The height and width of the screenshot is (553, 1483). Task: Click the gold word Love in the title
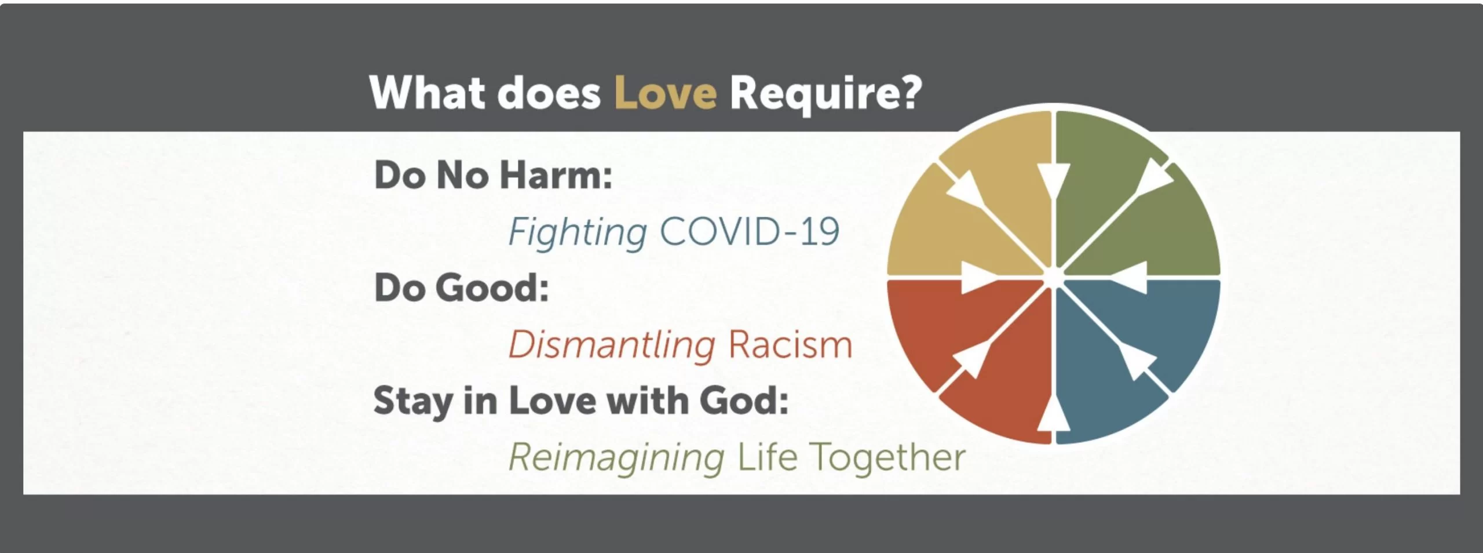(665, 93)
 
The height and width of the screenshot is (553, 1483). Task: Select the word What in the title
(428, 92)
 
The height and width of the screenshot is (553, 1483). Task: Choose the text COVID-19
(750, 231)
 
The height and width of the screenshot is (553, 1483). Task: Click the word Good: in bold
(492, 288)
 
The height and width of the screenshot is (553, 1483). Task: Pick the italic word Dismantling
(612, 346)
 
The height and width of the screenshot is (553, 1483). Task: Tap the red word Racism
(791, 345)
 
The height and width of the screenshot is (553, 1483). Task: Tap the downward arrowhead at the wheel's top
(1054, 181)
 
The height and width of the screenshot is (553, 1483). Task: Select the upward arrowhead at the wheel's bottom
(1053, 413)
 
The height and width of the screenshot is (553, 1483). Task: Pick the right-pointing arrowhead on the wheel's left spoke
(978, 277)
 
